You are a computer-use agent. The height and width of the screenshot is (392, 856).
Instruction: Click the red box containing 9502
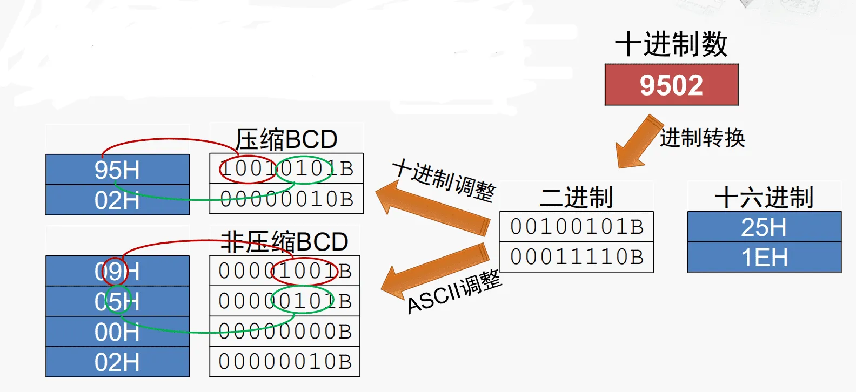pyautogui.click(x=671, y=85)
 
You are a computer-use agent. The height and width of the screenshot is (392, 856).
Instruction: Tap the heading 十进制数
pyautogui.click(x=671, y=44)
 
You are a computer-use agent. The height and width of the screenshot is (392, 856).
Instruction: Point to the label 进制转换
pyautogui.click(x=702, y=138)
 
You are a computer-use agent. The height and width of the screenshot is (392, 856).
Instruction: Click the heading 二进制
pyautogui.click(x=576, y=197)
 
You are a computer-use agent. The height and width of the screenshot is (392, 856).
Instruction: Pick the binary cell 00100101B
pyautogui.click(x=577, y=227)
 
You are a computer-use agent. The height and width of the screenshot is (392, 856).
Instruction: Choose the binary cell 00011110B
pyautogui.click(x=577, y=257)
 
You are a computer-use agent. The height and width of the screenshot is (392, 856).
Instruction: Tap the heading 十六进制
pyautogui.click(x=764, y=197)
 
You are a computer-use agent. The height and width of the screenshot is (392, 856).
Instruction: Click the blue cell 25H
pyautogui.click(x=764, y=227)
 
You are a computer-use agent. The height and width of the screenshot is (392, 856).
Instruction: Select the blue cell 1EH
pyautogui.click(x=764, y=257)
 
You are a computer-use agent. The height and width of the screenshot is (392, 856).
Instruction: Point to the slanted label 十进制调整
pyautogui.click(x=444, y=180)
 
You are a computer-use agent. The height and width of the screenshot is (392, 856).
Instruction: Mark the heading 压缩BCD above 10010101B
pyautogui.click(x=286, y=139)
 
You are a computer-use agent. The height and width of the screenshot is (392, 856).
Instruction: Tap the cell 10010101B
pyautogui.click(x=286, y=168)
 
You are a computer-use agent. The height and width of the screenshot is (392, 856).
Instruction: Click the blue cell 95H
pyautogui.click(x=117, y=170)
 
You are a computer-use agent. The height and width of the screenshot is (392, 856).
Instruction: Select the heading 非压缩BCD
pyautogui.click(x=284, y=241)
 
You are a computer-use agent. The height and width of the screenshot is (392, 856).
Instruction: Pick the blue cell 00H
pyautogui.click(x=117, y=332)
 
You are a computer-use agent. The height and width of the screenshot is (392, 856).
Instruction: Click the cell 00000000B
pyautogui.click(x=285, y=332)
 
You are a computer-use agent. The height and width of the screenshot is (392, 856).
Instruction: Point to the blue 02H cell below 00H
pyautogui.click(x=117, y=362)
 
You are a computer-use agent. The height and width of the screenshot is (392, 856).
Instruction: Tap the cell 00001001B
pyautogui.click(x=285, y=271)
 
